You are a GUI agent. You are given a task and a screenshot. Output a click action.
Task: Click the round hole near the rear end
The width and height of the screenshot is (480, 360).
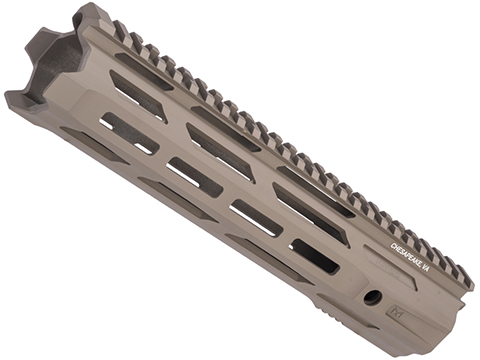click(x=373, y=296)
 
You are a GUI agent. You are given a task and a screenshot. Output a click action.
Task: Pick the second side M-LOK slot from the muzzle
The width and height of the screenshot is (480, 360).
click(x=195, y=175)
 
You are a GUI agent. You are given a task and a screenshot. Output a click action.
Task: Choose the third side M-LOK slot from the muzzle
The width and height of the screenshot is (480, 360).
click(x=257, y=217)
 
